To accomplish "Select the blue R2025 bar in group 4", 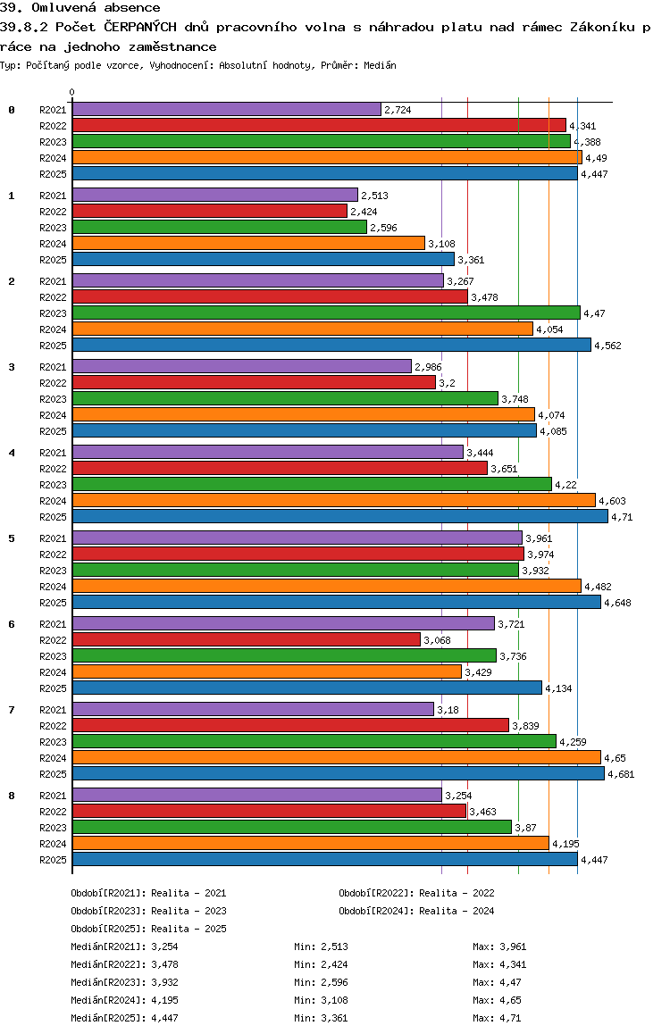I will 339,516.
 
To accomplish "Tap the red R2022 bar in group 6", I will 246,639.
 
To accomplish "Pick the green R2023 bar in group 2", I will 326,313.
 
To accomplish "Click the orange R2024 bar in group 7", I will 336,757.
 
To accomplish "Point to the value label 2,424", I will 364,212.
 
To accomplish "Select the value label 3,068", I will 437,640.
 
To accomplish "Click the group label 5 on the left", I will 12,538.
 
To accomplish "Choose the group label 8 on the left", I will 12,796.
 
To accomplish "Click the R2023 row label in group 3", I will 53,399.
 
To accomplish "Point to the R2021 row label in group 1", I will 53,196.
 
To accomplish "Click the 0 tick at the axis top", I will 72,93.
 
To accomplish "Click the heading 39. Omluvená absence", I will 80,8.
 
